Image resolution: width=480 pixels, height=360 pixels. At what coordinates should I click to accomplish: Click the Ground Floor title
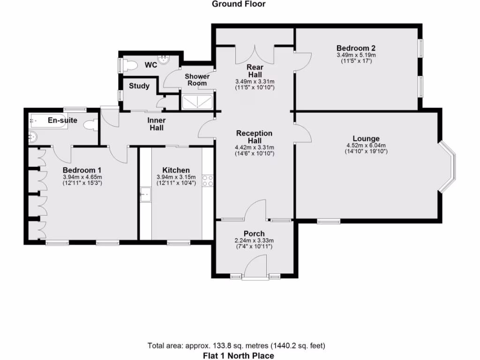click(x=239, y=4)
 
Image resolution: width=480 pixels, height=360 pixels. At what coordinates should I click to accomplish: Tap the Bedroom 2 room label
click(x=356, y=48)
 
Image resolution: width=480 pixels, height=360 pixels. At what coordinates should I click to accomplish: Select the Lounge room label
click(x=366, y=139)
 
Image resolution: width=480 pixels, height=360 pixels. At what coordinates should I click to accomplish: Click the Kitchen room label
click(x=176, y=170)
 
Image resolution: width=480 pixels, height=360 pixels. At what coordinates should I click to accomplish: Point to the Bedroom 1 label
click(x=82, y=170)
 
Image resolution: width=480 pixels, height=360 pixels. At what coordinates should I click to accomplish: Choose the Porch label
click(x=254, y=234)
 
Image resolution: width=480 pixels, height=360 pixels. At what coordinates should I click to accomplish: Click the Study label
click(x=139, y=86)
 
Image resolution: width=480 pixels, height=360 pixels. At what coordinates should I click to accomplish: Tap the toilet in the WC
click(x=130, y=65)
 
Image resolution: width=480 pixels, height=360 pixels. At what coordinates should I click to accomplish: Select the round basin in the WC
click(x=164, y=60)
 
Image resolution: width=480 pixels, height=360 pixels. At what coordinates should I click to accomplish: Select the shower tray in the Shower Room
click(x=197, y=102)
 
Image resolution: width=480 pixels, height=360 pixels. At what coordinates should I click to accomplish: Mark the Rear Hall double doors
click(x=254, y=54)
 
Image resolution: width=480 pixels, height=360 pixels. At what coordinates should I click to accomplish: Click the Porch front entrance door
click(x=255, y=269)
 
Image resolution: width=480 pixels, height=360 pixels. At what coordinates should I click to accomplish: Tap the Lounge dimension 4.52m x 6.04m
click(x=366, y=145)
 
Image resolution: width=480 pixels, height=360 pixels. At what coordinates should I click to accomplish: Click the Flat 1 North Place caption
click(x=238, y=355)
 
